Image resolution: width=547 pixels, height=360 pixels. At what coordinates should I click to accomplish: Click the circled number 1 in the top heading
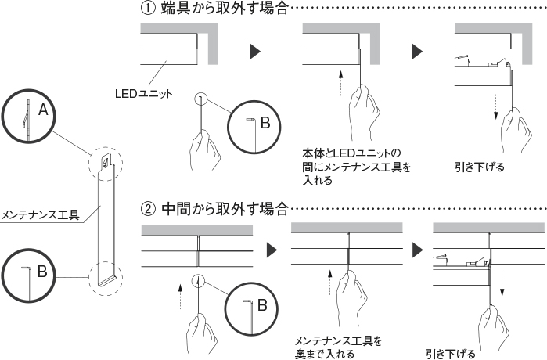pyautogui.click(x=147, y=9)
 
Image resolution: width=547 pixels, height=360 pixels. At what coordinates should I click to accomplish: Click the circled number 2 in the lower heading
pyautogui.click(x=148, y=209)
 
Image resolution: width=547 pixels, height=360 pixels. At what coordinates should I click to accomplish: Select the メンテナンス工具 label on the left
pyautogui.click(x=41, y=214)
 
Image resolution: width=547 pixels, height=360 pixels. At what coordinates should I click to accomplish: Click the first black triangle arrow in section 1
pyautogui.click(x=256, y=52)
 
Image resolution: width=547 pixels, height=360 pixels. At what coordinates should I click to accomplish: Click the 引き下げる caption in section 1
pyautogui.click(x=479, y=167)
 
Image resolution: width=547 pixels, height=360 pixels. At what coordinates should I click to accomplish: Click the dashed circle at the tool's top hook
pyautogui.click(x=104, y=162)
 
